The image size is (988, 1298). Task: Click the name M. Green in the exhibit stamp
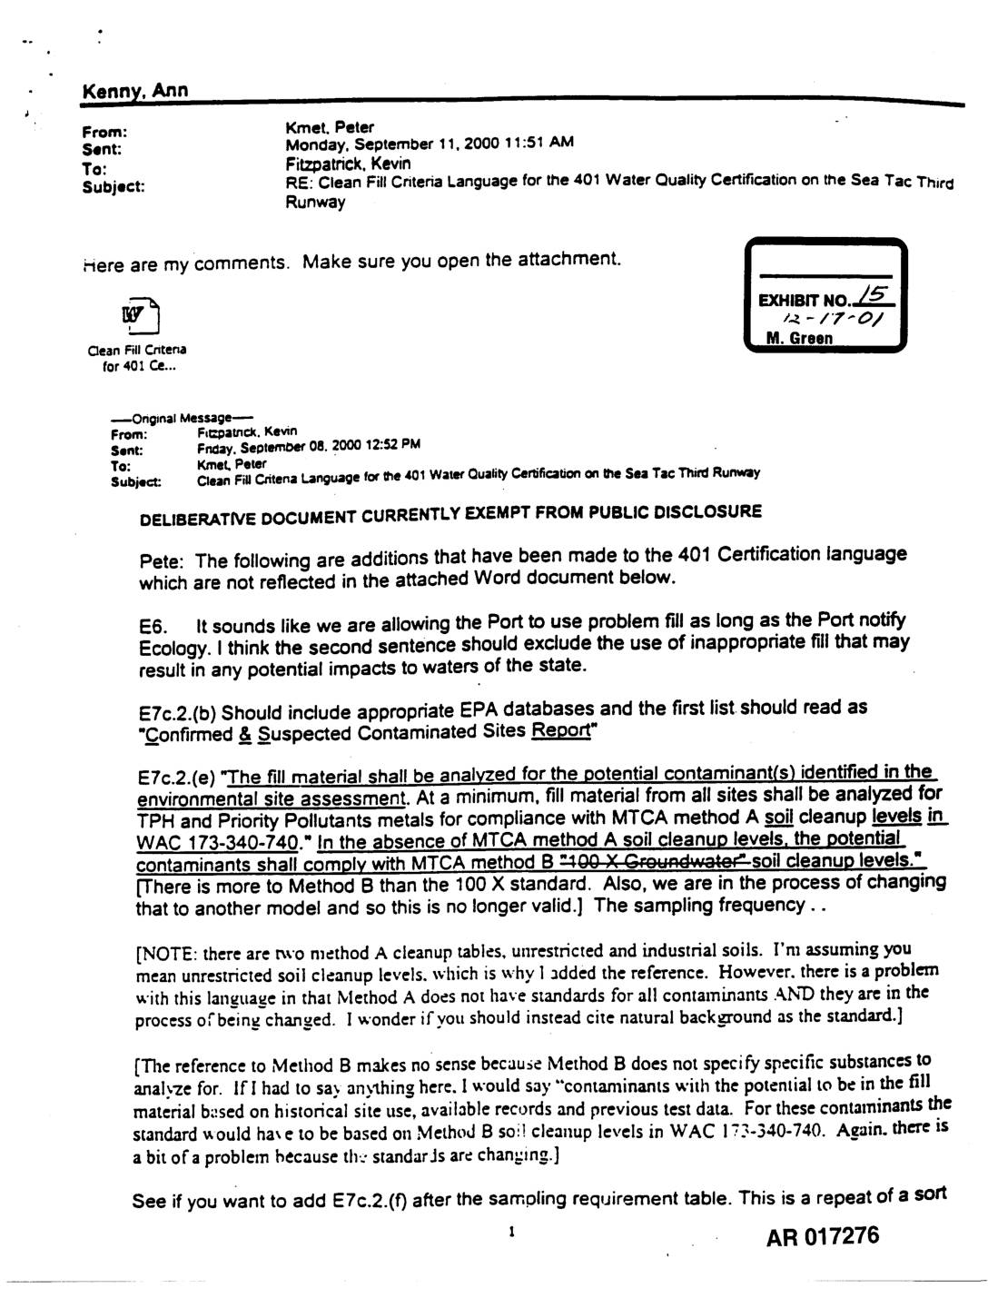point(799,339)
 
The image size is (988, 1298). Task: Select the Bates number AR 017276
point(822,1236)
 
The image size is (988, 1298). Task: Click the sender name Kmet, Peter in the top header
point(329,127)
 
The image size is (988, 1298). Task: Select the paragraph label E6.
point(151,627)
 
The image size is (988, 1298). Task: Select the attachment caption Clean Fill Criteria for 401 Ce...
point(137,359)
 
